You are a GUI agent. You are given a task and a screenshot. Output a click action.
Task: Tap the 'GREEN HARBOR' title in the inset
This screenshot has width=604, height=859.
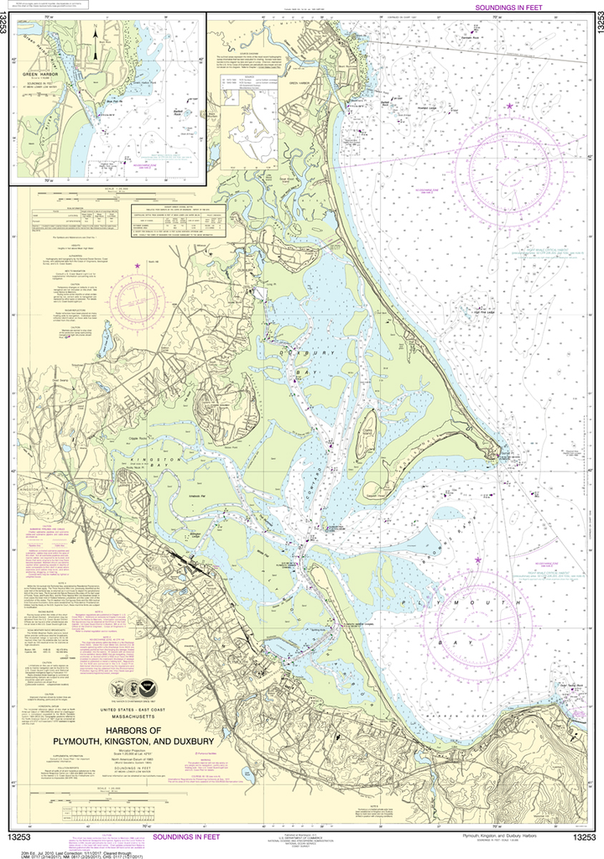coord(51,74)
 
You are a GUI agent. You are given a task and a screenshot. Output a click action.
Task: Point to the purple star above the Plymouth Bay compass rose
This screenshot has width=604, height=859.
coord(478,560)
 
